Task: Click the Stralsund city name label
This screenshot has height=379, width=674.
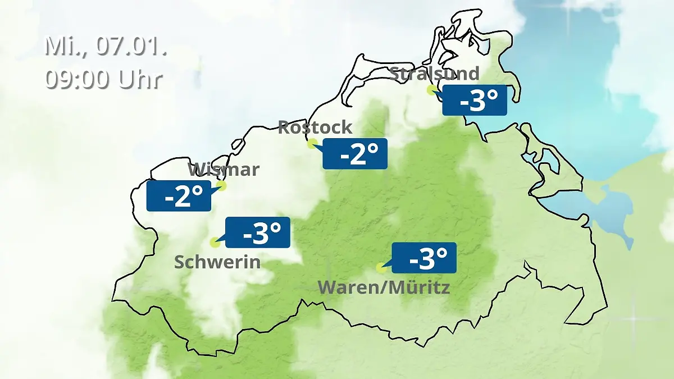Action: tap(434, 74)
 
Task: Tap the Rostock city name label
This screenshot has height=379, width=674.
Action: tap(315, 127)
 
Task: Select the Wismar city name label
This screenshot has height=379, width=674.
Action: tap(224, 169)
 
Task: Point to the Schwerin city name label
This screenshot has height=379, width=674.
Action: tap(217, 262)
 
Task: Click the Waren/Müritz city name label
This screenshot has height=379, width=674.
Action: tap(384, 287)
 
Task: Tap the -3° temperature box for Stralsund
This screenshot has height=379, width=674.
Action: tap(475, 101)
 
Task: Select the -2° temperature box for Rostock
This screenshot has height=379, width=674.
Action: tap(355, 153)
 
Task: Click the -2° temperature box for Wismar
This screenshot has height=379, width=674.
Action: tap(179, 196)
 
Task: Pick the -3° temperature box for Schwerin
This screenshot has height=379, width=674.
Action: tap(258, 232)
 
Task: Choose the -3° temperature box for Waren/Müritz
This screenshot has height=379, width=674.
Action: tap(424, 258)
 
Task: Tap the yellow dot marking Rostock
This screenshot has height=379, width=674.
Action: tap(312, 143)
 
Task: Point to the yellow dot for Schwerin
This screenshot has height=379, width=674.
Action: tap(214, 243)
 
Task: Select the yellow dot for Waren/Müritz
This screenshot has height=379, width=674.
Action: tap(381, 268)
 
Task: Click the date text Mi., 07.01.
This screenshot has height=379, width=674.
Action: tap(106, 47)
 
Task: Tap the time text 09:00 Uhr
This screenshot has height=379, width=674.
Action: tap(104, 79)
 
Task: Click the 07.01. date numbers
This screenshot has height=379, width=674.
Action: tap(131, 47)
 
